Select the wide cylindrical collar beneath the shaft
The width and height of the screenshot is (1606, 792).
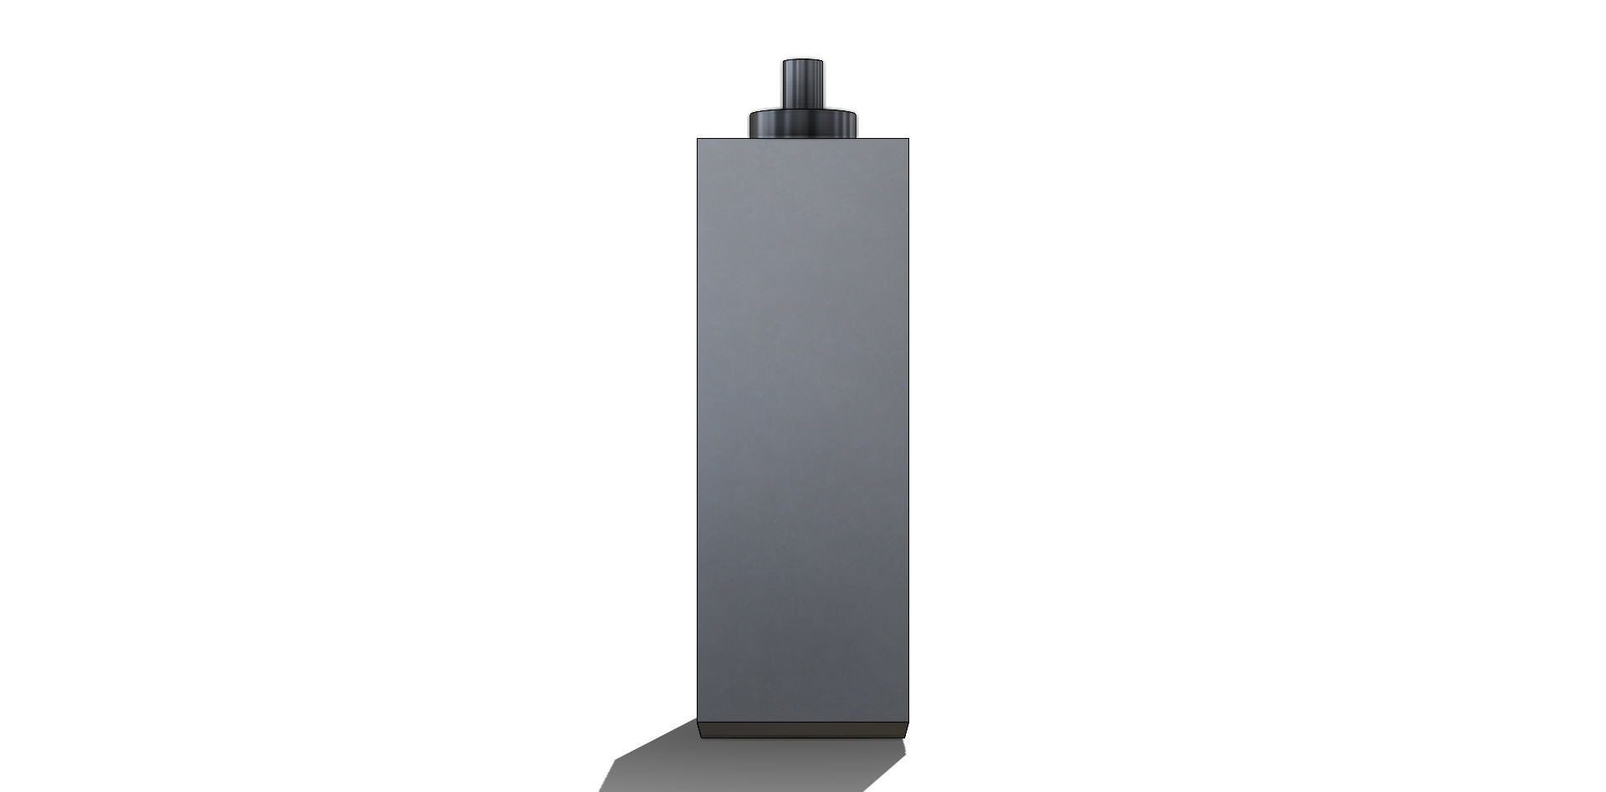click(803, 125)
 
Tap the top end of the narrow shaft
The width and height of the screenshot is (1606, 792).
click(803, 61)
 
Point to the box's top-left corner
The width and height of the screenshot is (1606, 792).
click(698, 139)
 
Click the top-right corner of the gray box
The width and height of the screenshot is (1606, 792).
click(908, 139)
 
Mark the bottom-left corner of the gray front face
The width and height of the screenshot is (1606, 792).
click(698, 722)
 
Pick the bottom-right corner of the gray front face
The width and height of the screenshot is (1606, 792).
click(908, 722)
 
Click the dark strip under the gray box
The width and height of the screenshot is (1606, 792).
click(803, 730)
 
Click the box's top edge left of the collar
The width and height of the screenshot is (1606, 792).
click(723, 139)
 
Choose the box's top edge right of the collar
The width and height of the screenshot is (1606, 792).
click(883, 139)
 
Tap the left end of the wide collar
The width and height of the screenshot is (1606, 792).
click(750, 123)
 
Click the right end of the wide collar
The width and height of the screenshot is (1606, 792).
click(857, 123)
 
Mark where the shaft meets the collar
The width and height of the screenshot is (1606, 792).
click(803, 110)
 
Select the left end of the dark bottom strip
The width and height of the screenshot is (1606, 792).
click(701, 730)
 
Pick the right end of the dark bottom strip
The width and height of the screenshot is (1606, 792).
click(905, 730)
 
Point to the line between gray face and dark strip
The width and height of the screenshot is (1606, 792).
click(803, 722)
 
